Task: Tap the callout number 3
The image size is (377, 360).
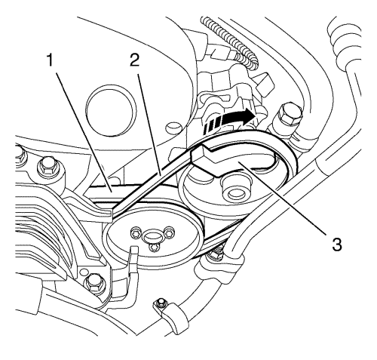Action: click(x=337, y=245)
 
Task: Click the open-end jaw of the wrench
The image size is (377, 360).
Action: click(x=205, y=158)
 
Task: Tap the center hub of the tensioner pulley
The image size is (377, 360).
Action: click(x=234, y=189)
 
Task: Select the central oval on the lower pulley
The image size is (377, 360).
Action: click(x=152, y=236)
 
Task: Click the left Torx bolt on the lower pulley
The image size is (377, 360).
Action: click(x=135, y=233)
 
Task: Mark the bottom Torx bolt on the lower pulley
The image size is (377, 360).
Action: click(x=153, y=247)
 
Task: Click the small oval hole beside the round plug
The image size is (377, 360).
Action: click(x=173, y=127)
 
